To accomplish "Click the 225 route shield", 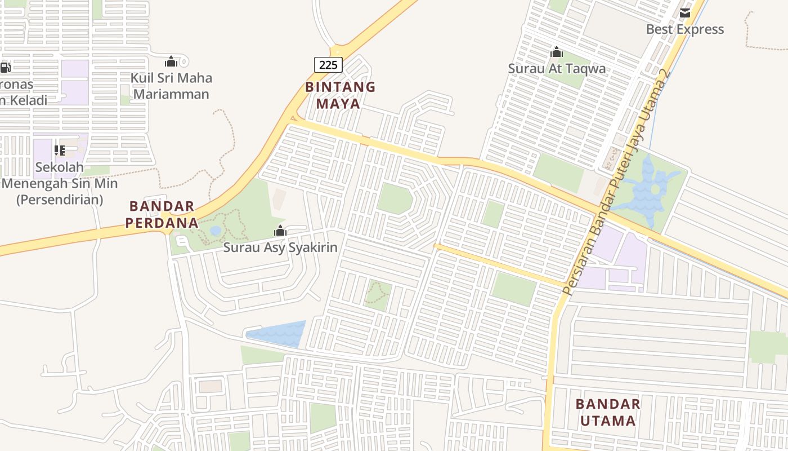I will [x=328, y=65].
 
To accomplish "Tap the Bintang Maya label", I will [x=339, y=95].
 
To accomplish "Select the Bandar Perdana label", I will [x=162, y=214].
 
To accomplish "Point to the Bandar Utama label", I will [x=608, y=412].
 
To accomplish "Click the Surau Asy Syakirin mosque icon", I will [x=280, y=231].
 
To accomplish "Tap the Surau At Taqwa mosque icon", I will [x=557, y=52].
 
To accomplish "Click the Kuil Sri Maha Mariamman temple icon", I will [x=171, y=61].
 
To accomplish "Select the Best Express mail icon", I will [x=685, y=12].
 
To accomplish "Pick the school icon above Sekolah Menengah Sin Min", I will [x=60, y=150].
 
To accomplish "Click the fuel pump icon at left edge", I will [x=5, y=68].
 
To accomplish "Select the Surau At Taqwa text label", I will [x=557, y=69].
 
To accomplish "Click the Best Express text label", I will [x=685, y=29].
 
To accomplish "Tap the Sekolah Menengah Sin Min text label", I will [x=60, y=183].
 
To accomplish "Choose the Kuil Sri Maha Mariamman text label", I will [x=171, y=86].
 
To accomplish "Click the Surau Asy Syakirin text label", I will [x=280, y=247].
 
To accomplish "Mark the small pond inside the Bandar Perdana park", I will [x=216, y=231].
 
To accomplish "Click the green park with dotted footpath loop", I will [x=378, y=295].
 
